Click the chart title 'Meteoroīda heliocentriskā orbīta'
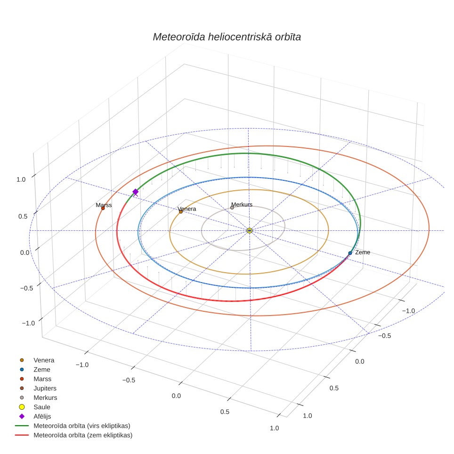pyautogui.click(x=227, y=37)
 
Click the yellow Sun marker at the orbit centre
pyautogui.click(x=250, y=230)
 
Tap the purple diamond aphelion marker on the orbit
pyautogui.click(x=135, y=192)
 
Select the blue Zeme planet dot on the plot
pyautogui.click(x=350, y=253)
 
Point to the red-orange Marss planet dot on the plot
pyautogui.click(x=103, y=208)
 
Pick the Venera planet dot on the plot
pyautogui.click(x=181, y=211)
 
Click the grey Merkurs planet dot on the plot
pyautogui.click(x=232, y=208)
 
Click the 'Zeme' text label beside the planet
pyautogui.click(x=363, y=252)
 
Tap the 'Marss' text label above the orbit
pyautogui.click(x=104, y=205)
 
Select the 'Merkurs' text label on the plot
pyautogui.click(x=242, y=204)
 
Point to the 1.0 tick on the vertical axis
pyautogui.click(x=21, y=179)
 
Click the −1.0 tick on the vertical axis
pyautogui.click(x=28, y=323)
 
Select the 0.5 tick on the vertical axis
pyautogui.click(x=23, y=216)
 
